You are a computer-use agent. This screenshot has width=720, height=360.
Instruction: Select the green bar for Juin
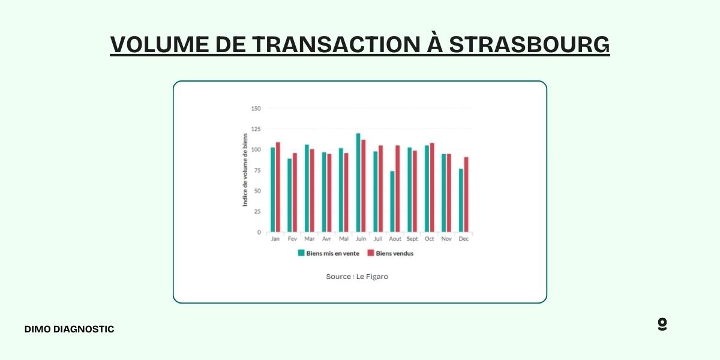coord(358,182)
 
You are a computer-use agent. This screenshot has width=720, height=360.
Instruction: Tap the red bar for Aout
coord(397,188)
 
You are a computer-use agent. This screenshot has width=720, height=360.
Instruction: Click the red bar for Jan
coord(278,187)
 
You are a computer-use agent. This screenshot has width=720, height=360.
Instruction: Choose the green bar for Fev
coord(290,195)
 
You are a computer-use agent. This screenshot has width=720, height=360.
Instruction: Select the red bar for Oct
coord(432,187)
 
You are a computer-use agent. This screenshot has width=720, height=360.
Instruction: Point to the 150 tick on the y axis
coord(256,109)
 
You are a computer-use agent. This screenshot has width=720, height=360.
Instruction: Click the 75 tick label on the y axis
coord(257,170)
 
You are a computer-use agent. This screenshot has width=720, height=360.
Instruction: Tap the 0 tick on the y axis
coord(259,232)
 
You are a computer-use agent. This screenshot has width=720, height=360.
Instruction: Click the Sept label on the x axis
coord(412,239)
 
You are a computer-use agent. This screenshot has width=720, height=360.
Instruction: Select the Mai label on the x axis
coord(344,239)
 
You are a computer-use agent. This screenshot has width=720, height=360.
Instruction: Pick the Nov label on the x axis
coord(446,239)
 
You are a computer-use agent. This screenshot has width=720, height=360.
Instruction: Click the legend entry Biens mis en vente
coord(329,253)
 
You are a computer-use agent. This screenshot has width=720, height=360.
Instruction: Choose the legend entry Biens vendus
coord(391,253)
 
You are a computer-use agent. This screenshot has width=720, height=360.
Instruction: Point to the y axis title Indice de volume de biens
coord(245,170)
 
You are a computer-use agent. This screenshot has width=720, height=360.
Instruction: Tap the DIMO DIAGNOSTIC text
coord(69,329)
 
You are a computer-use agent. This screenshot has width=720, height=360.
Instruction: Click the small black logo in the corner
coord(662,325)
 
